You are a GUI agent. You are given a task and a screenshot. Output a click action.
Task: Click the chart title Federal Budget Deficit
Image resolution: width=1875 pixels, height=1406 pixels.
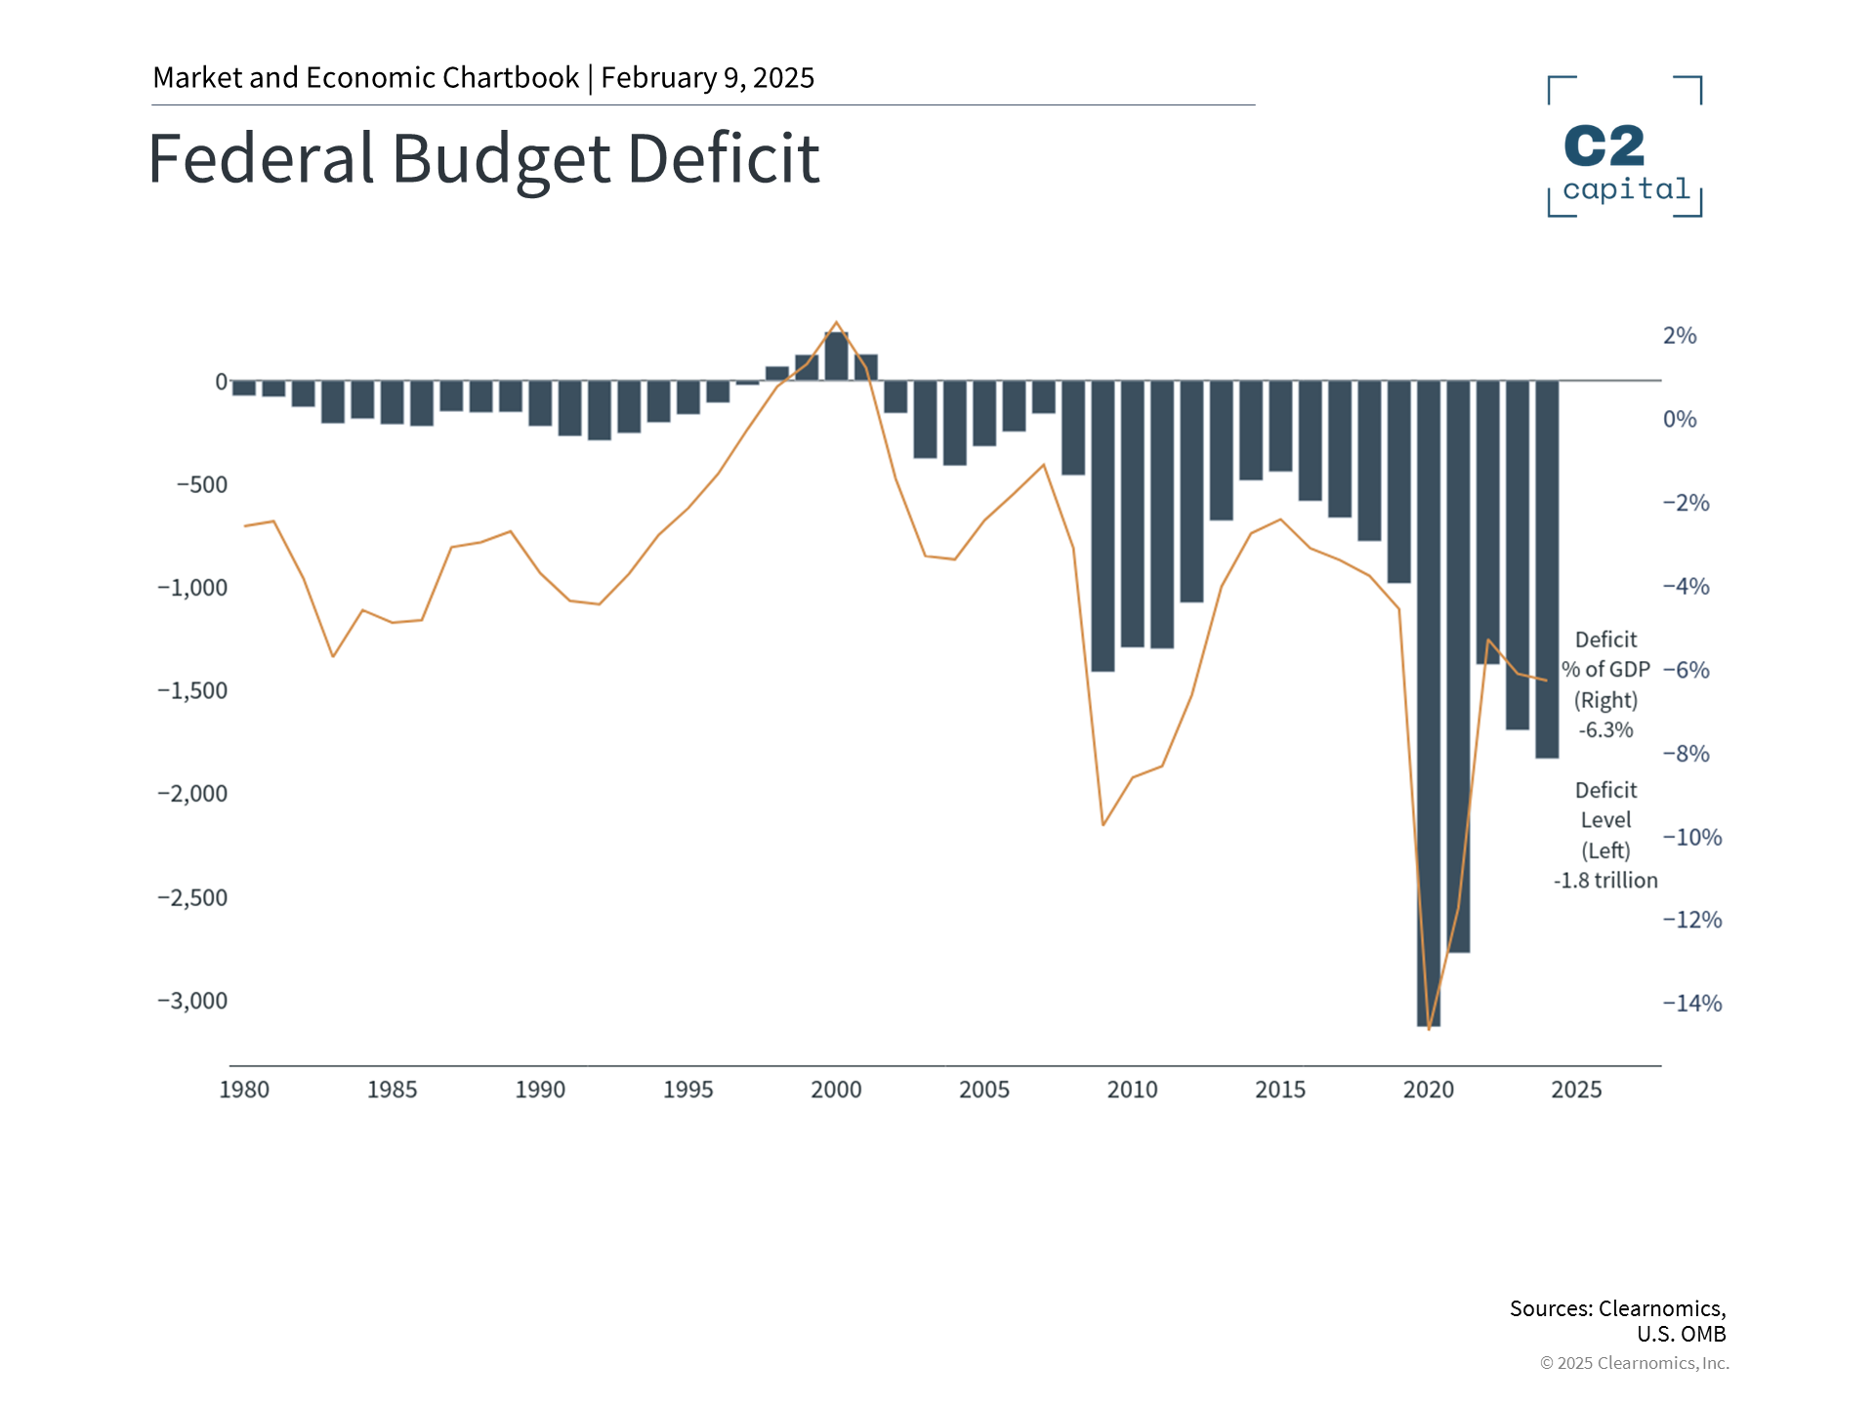click(483, 158)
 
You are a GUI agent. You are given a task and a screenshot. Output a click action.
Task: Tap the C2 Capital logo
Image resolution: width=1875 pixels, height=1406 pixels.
click(1625, 146)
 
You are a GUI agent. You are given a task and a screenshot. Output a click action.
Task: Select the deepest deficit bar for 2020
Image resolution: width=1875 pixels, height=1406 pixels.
click(1428, 703)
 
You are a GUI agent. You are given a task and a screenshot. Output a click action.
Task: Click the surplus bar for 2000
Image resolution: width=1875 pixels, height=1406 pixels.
click(836, 356)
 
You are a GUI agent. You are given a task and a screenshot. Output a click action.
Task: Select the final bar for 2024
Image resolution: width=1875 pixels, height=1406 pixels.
click(1547, 568)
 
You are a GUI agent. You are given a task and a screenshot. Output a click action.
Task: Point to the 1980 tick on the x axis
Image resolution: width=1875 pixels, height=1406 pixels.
click(244, 1090)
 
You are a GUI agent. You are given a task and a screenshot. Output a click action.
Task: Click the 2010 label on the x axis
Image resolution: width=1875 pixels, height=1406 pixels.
click(1132, 1090)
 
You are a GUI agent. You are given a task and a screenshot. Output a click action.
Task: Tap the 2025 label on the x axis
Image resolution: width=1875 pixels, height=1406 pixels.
click(1576, 1090)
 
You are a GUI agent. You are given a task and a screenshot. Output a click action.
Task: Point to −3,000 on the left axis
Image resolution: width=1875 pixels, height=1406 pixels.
click(192, 1001)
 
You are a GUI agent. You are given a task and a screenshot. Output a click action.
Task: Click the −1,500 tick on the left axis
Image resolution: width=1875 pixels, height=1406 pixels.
click(192, 690)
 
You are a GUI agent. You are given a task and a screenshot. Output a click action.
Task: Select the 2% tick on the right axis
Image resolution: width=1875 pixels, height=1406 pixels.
click(1680, 336)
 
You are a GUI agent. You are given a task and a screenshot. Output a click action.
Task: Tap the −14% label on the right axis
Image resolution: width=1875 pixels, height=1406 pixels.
click(1692, 1003)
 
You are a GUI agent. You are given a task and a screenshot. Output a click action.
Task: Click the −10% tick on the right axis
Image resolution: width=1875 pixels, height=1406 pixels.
click(1692, 837)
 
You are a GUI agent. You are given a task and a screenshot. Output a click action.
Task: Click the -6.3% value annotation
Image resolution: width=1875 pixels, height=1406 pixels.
click(1605, 730)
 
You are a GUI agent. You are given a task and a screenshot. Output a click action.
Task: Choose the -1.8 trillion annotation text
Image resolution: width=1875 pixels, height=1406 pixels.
click(1605, 881)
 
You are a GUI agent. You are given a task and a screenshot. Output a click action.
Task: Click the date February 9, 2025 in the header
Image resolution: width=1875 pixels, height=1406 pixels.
click(707, 78)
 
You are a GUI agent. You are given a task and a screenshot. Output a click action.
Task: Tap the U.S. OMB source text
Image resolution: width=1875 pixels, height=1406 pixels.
click(1682, 1334)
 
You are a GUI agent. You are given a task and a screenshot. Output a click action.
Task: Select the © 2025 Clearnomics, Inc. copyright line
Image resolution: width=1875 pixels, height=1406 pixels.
click(1634, 1363)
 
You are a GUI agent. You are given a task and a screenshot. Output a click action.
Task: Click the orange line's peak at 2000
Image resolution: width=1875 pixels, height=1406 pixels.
click(836, 322)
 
